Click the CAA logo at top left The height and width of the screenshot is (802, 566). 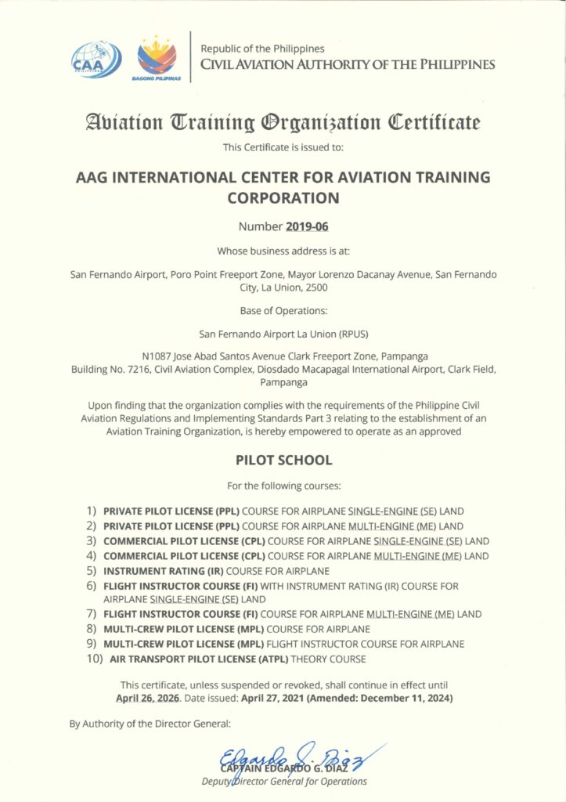click(x=96, y=59)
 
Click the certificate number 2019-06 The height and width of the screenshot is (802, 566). click(x=308, y=228)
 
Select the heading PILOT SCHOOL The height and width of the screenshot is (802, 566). click(x=283, y=460)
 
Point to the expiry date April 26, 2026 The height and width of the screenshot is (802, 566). click(x=147, y=697)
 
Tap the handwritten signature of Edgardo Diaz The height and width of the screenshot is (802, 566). click(x=301, y=757)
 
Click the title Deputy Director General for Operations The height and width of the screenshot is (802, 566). click(x=283, y=781)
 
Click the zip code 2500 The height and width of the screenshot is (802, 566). click(x=316, y=287)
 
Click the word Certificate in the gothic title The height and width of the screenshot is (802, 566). click(x=435, y=122)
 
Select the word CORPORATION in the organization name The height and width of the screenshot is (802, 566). click(x=283, y=197)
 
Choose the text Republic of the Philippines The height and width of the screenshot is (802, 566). click(x=264, y=49)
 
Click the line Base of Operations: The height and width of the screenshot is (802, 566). click(x=283, y=311)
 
